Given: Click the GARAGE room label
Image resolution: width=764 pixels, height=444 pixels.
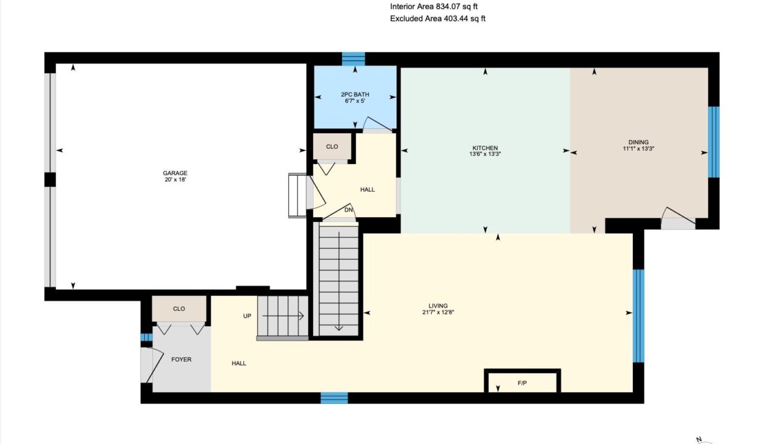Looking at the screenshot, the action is (x=175, y=173).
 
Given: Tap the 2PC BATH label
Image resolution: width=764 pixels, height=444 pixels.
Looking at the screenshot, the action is (x=355, y=94).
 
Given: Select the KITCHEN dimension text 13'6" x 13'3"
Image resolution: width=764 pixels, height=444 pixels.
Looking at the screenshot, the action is (x=485, y=154).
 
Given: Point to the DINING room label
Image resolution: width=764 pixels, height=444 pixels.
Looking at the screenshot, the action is (x=638, y=142).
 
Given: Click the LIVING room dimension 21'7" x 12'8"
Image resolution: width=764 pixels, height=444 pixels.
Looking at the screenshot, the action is (x=438, y=312).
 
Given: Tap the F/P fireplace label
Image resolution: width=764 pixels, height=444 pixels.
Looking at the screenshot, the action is (x=522, y=383).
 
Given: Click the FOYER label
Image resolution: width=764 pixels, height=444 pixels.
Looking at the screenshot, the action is (x=181, y=360).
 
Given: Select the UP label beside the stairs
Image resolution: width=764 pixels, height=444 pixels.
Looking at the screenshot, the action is (x=247, y=316).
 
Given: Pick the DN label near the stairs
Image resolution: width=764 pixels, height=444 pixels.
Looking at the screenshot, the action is (x=349, y=210).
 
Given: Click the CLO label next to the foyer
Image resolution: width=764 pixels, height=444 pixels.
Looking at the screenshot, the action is (x=179, y=309).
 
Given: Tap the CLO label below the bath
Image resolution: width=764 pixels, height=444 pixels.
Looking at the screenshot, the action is (x=332, y=147).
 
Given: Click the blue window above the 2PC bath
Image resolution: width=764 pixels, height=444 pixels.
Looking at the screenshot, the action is (x=354, y=59).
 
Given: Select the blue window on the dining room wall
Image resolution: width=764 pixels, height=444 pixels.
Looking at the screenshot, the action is (x=713, y=142).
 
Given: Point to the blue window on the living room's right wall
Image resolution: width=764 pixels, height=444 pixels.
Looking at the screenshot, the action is (x=638, y=316).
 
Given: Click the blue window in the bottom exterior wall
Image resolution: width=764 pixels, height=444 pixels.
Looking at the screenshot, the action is (x=334, y=398).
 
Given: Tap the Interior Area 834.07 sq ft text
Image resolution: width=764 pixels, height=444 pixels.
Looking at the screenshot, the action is (x=434, y=7).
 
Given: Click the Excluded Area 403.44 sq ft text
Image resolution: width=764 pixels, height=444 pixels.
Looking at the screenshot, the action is (x=437, y=18).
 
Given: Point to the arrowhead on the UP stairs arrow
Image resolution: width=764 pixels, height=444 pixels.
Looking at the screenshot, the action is (x=301, y=316).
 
